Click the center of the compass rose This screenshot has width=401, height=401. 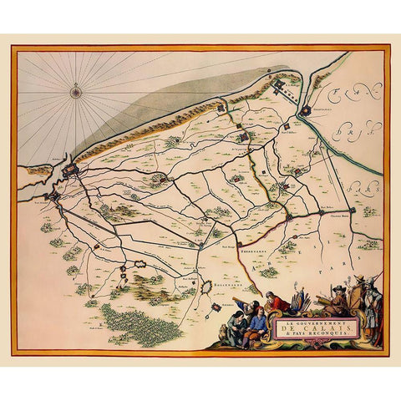pos(76,92)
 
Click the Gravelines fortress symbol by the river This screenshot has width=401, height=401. pos(306,109)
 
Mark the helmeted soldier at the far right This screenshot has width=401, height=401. pos(374,305)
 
